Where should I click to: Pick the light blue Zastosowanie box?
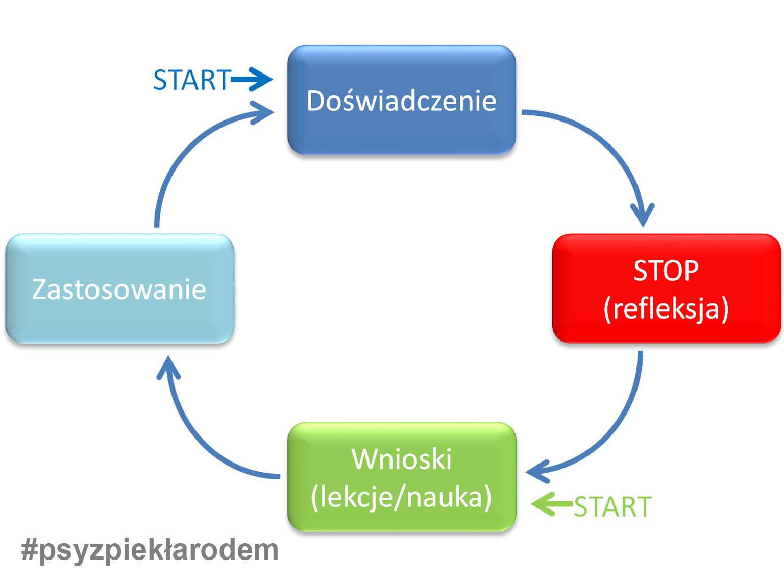(x=119, y=317)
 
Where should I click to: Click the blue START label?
(x=192, y=80)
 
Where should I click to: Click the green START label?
(x=612, y=506)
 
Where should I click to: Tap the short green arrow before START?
(x=551, y=504)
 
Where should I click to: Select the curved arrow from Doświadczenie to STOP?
(x=607, y=143)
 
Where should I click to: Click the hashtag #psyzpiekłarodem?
(x=150, y=550)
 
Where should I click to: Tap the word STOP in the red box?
(x=666, y=271)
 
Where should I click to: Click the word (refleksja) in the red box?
(x=666, y=309)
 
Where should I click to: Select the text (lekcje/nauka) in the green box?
(x=401, y=497)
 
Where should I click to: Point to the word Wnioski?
(x=401, y=459)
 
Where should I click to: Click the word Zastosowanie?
(x=119, y=289)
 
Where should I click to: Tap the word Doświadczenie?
(x=401, y=101)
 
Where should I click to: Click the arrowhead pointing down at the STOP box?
(x=643, y=214)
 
